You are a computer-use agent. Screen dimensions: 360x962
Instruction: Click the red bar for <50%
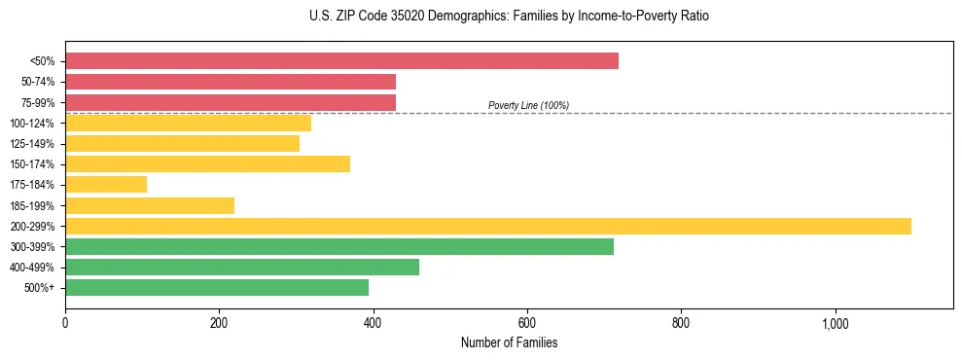click(341, 61)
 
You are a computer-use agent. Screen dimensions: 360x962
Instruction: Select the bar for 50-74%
click(231, 82)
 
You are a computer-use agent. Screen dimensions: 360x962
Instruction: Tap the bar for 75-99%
click(231, 102)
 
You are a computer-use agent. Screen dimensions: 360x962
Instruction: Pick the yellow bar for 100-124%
click(188, 123)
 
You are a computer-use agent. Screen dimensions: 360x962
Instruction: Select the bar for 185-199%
click(150, 205)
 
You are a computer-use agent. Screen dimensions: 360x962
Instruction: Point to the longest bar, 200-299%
click(488, 226)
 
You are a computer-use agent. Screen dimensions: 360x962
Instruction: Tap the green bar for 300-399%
click(339, 246)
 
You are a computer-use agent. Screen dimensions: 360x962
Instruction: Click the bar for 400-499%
click(242, 267)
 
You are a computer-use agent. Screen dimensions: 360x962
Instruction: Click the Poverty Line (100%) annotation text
click(528, 105)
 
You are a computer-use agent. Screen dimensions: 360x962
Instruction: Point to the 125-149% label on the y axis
click(32, 144)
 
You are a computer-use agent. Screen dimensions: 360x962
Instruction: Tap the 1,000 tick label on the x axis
click(836, 324)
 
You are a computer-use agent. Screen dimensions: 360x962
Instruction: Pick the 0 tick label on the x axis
click(65, 324)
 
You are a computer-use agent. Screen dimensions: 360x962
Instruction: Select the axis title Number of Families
click(509, 342)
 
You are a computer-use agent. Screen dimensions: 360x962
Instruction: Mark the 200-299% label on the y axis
click(32, 227)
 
